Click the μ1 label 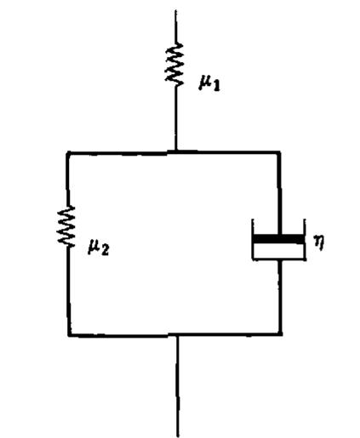(x=209, y=83)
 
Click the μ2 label (x=99, y=247)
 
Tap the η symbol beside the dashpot (x=319, y=242)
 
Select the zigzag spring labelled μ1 (x=174, y=64)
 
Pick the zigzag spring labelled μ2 (x=66, y=226)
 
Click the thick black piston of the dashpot (x=278, y=239)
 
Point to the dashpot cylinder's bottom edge (x=279, y=259)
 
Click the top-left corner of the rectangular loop (x=68, y=153)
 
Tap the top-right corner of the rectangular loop (x=279, y=153)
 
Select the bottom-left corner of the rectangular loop (x=70, y=335)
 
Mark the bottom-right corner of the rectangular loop (x=280, y=334)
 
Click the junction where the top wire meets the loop (x=175, y=152)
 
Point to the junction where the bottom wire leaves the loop (x=177, y=335)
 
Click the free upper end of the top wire (x=175, y=11)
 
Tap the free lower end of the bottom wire (x=178, y=436)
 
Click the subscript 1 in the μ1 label (x=216, y=86)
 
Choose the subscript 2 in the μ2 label (x=105, y=250)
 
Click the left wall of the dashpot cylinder (x=253, y=239)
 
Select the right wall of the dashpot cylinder (x=305, y=239)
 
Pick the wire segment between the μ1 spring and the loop (x=175, y=117)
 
